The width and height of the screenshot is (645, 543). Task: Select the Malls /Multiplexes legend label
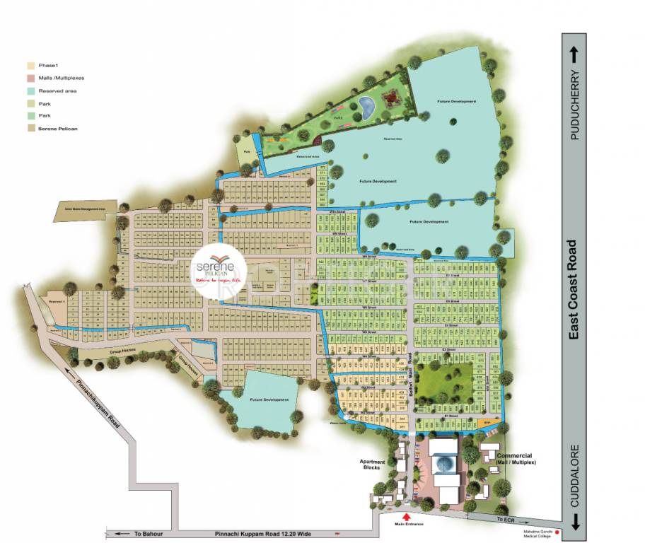59,78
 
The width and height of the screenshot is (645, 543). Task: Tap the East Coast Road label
574,289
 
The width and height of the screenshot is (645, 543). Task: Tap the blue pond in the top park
367,107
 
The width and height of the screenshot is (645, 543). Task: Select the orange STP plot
487,423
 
